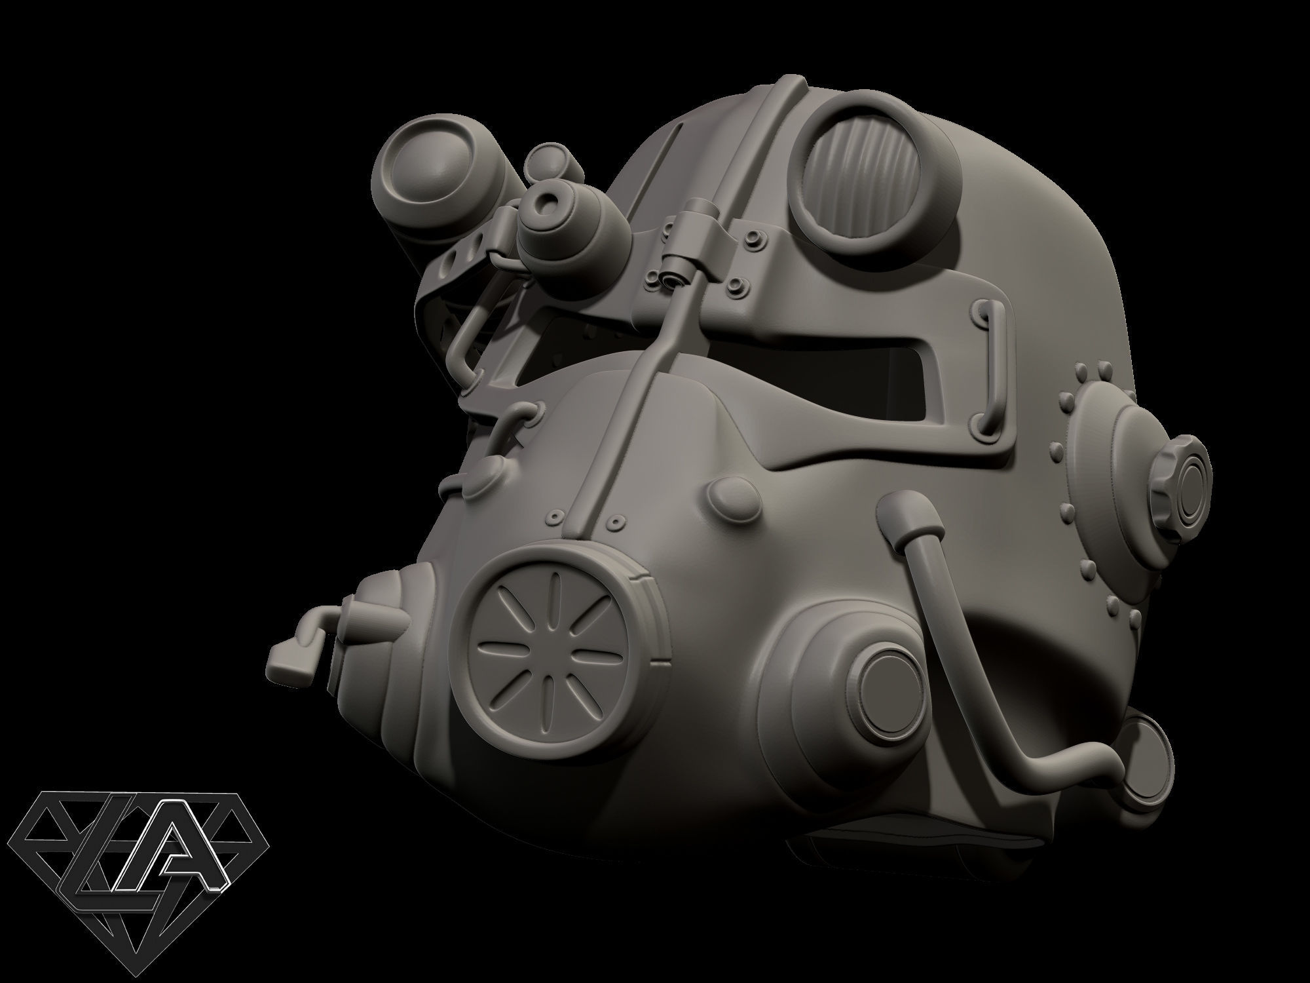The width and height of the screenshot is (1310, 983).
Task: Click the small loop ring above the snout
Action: point(521,414)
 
